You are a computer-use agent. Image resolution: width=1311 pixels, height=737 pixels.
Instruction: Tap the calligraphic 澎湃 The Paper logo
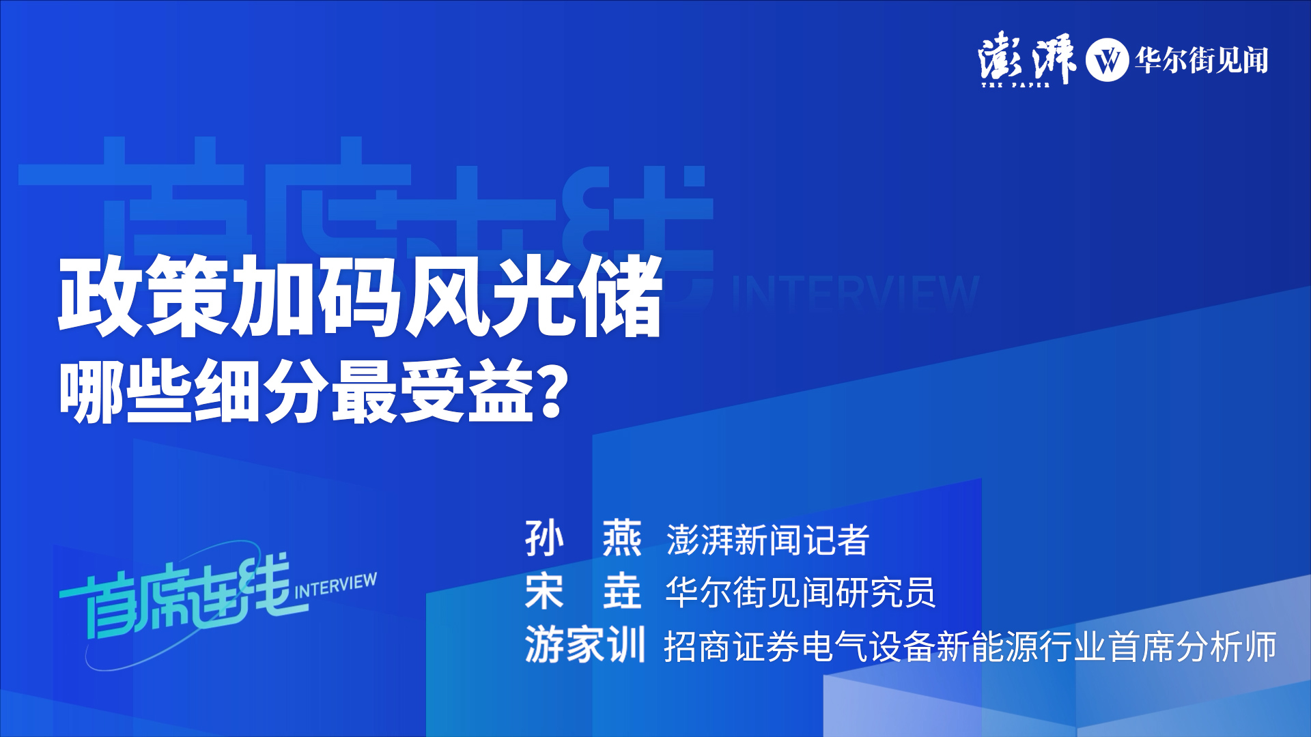coord(1026,59)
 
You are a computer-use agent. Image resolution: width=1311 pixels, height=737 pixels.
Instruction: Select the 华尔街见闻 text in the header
coord(1202,60)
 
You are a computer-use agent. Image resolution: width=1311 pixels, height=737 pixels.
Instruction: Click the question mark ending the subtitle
coord(551,392)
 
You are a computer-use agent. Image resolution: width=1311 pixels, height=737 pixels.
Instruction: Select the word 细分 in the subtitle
coord(262,392)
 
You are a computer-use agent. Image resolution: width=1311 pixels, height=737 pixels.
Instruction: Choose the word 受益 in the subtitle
coord(466,392)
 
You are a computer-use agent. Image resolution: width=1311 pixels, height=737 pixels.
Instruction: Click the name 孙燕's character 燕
coord(622,538)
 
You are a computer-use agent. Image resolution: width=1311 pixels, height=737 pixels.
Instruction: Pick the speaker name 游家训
coord(585,645)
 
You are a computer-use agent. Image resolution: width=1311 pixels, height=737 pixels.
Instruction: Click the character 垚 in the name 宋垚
coord(622,592)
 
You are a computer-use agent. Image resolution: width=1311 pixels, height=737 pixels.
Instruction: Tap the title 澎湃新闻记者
coord(767,540)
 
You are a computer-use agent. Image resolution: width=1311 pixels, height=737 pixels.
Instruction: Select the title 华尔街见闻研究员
coord(800,592)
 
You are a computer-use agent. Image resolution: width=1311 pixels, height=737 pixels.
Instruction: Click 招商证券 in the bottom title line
coord(732,646)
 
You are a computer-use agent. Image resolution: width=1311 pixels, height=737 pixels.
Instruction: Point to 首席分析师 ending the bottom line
coord(1192,646)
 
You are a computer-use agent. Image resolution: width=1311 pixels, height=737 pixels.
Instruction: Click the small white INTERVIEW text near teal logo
coord(335,586)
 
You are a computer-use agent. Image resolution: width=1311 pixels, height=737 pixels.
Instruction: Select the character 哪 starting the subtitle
coord(92,392)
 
